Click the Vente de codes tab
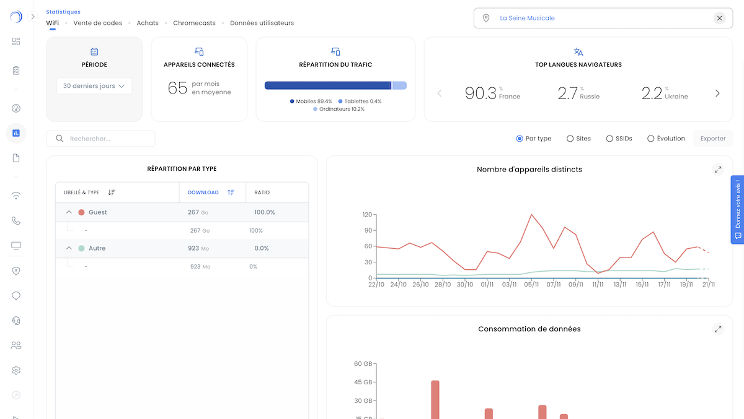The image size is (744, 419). pyautogui.click(x=97, y=23)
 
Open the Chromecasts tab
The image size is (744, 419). pyautogui.click(x=194, y=23)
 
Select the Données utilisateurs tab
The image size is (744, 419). pyautogui.click(x=262, y=23)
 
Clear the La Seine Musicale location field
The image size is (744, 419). pyautogui.click(x=719, y=18)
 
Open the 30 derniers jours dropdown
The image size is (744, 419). pyautogui.click(x=94, y=86)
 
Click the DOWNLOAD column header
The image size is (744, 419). pyautogui.click(x=203, y=192)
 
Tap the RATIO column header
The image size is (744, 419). pyautogui.click(x=262, y=192)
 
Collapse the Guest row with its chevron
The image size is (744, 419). pyautogui.click(x=69, y=212)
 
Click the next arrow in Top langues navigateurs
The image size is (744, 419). pyautogui.click(x=717, y=93)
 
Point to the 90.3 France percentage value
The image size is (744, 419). pyautogui.click(x=481, y=93)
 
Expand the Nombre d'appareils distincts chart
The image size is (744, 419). pyautogui.click(x=717, y=170)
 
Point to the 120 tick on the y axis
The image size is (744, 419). pyautogui.click(x=367, y=215)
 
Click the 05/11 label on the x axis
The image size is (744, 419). pyautogui.click(x=531, y=285)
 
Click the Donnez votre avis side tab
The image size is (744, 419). pyautogui.click(x=737, y=210)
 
